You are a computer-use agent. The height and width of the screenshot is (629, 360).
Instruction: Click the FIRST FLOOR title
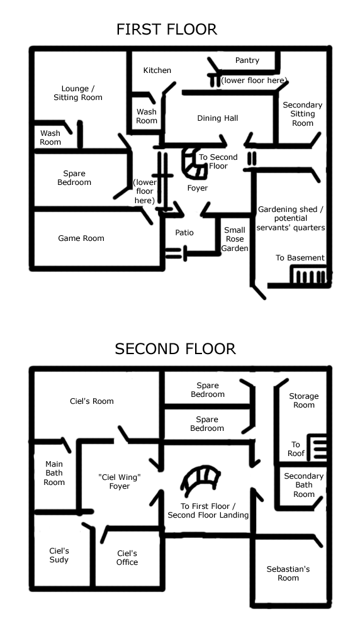coord(167,30)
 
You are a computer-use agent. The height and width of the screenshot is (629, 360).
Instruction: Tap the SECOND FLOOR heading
coord(175,348)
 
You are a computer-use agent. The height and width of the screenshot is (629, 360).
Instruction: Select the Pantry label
coord(247,60)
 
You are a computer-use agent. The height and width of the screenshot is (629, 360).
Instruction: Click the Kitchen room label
coord(157,70)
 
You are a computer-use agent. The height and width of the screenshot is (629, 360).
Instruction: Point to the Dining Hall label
coord(218,118)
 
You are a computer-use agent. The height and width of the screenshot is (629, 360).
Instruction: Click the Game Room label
coord(81,238)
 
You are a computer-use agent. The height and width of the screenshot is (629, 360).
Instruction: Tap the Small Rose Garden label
coord(235,239)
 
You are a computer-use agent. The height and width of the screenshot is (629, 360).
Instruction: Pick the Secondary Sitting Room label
coord(303,114)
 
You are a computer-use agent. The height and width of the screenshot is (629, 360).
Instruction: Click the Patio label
coord(184,233)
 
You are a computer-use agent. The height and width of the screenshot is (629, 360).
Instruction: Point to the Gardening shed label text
coord(291,219)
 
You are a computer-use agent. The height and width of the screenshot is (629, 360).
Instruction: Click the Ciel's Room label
coord(91,401)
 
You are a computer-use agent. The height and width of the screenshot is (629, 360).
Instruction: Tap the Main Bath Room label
coord(54,474)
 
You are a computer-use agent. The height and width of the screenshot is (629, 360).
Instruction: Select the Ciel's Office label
coord(127,558)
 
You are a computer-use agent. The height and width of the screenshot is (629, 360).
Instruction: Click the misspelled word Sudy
coord(59,560)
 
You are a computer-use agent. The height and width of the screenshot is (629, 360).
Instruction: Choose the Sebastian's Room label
coord(288,574)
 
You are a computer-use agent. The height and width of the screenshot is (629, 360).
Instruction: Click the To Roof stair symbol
coord(317,447)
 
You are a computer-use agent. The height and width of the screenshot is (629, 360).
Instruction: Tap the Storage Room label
coord(304,401)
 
